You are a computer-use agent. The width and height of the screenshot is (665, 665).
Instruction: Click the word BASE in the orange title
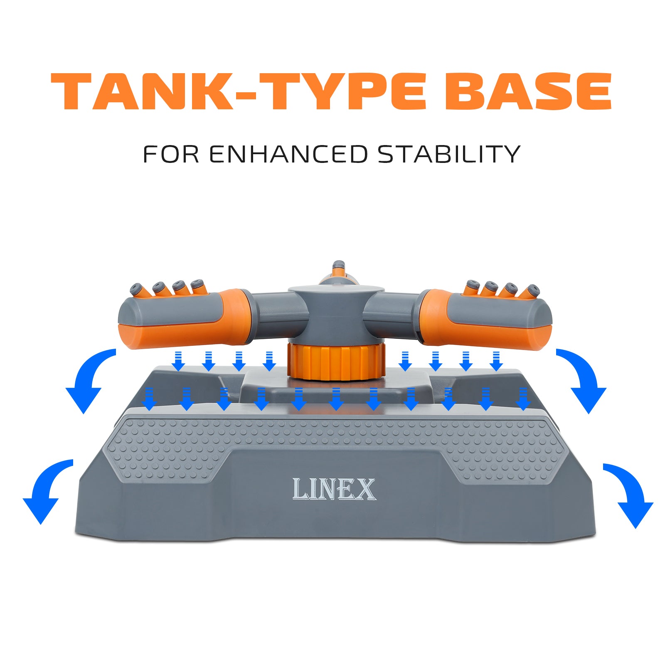(x=528, y=91)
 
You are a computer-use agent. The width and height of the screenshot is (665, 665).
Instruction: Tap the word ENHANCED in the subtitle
(x=288, y=154)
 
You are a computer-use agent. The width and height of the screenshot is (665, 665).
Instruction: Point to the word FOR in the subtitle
(x=171, y=154)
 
